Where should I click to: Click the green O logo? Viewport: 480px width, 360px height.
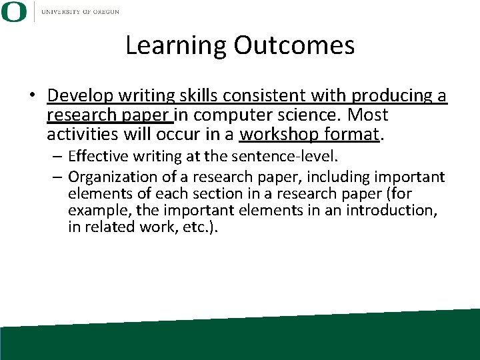pyautogui.click(x=14, y=11)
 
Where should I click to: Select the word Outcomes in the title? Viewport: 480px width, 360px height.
pyautogui.click(x=294, y=45)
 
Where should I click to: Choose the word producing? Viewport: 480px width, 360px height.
pyautogui.click(x=389, y=96)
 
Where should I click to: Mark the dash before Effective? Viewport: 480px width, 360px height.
pyautogui.click(x=58, y=157)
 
